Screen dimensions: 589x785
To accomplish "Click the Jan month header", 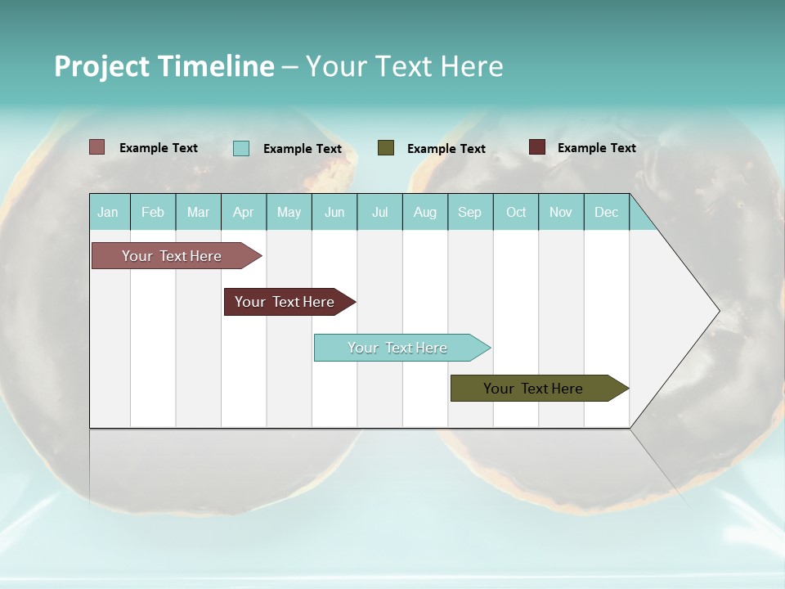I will click(x=109, y=212).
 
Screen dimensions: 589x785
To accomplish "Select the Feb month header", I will click(x=153, y=212).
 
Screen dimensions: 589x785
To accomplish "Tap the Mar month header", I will click(x=198, y=212).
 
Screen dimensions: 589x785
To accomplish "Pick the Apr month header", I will click(x=244, y=212).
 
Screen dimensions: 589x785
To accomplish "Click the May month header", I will click(x=289, y=212).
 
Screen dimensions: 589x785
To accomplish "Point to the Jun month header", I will click(x=334, y=212).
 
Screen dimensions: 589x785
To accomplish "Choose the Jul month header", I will click(x=379, y=212).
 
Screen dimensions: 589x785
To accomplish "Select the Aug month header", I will click(x=425, y=212).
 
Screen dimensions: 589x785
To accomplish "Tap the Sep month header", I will click(x=470, y=212).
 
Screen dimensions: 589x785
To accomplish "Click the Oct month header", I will click(x=516, y=212).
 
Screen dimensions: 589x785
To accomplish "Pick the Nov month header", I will click(x=561, y=212).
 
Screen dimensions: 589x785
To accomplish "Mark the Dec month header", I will click(x=606, y=212).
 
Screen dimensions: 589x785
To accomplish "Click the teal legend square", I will click(x=241, y=148).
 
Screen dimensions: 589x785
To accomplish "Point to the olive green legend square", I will click(x=386, y=148).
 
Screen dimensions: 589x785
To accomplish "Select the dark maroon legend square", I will click(x=537, y=147).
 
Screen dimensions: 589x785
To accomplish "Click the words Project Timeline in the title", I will click(x=164, y=66).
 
